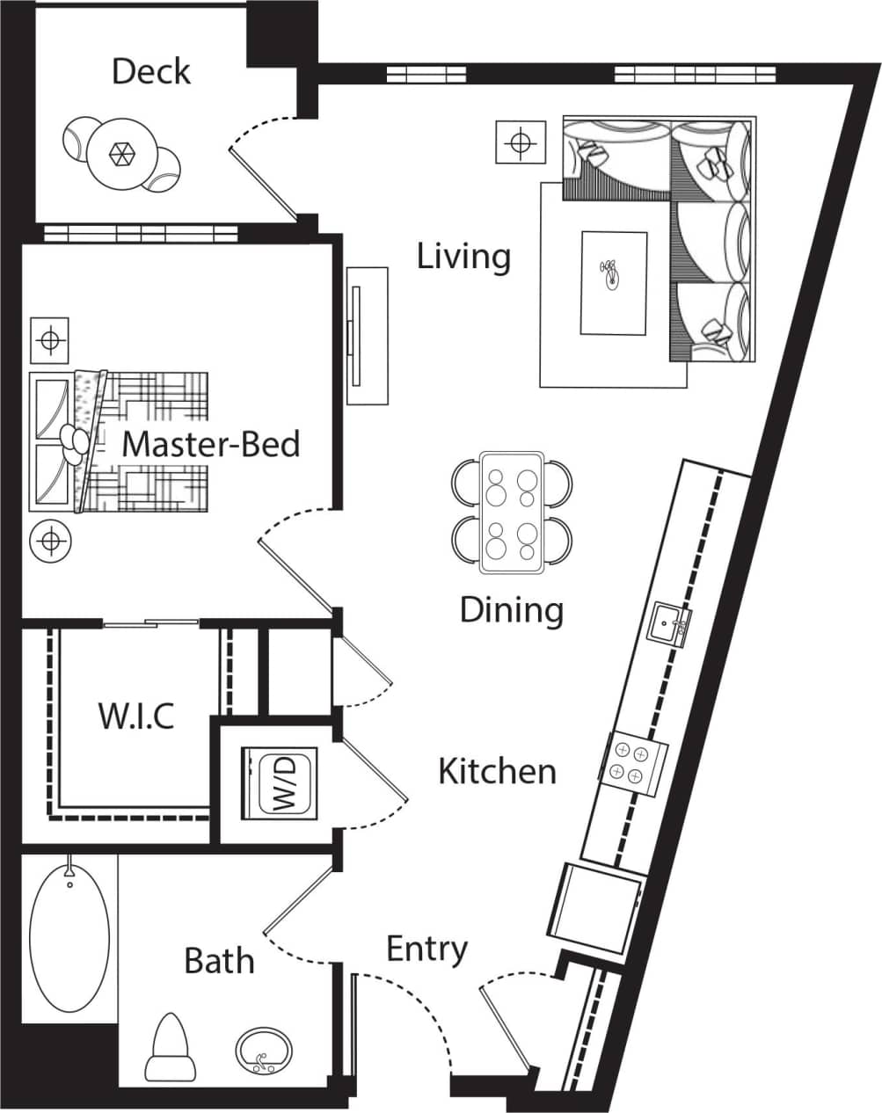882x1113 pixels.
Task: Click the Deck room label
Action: pyautogui.click(x=150, y=71)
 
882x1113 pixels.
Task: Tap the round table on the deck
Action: pyautogui.click(x=121, y=154)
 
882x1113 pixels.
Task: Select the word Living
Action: pyautogui.click(x=463, y=257)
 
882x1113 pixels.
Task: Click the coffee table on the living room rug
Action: pyautogui.click(x=614, y=282)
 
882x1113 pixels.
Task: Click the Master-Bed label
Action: pyautogui.click(x=210, y=444)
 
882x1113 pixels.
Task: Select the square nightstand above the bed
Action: pyautogui.click(x=50, y=339)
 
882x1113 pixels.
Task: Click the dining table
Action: pyautogui.click(x=512, y=512)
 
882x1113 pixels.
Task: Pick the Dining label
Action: pyautogui.click(x=511, y=609)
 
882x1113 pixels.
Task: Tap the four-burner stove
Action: pyautogui.click(x=633, y=760)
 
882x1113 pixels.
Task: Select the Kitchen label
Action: pyautogui.click(x=497, y=771)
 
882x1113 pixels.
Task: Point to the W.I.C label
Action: pyautogui.click(x=135, y=716)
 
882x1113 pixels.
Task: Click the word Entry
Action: pyautogui.click(x=426, y=949)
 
